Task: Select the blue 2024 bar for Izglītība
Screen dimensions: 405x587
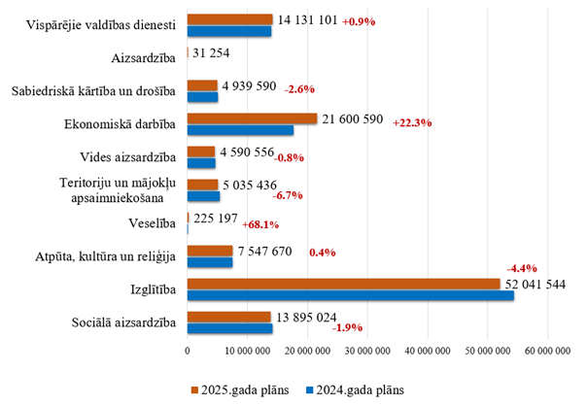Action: pyautogui.click(x=350, y=295)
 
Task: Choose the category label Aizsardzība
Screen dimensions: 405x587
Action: pyautogui.click(x=144, y=58)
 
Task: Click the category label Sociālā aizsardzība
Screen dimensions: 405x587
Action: pyautogui.click(x=123, y=322)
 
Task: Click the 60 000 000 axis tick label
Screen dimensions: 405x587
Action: pyautogui.click(x=546, y=351)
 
